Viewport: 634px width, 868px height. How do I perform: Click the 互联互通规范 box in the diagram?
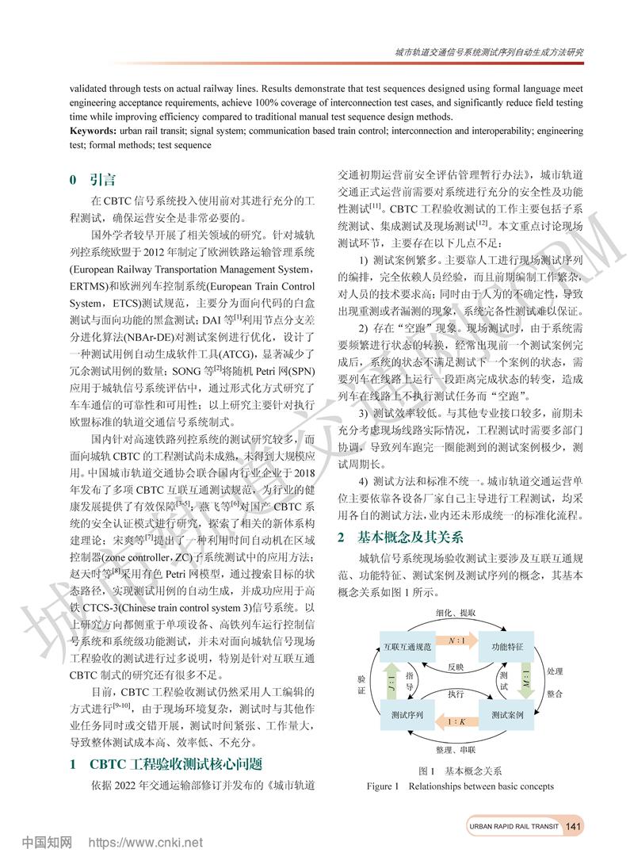(407, 647)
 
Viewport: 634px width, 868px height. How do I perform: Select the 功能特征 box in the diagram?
(507, 647)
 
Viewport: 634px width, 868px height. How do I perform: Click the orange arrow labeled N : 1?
(457, 639)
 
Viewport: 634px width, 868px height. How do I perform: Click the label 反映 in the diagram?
(456, 666)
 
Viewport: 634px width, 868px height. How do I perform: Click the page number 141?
(575, 826)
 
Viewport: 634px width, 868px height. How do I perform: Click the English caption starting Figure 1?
(460, 786)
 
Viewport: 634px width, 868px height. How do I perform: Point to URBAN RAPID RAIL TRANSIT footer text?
(514, 826)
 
